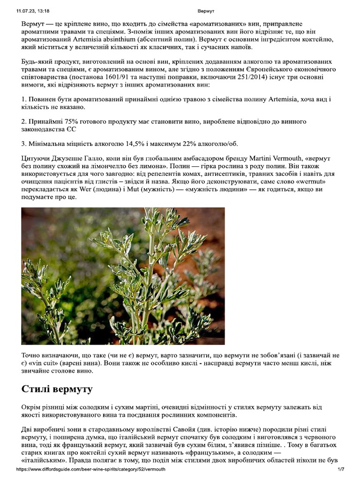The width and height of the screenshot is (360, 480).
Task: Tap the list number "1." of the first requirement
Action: (24, 99)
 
